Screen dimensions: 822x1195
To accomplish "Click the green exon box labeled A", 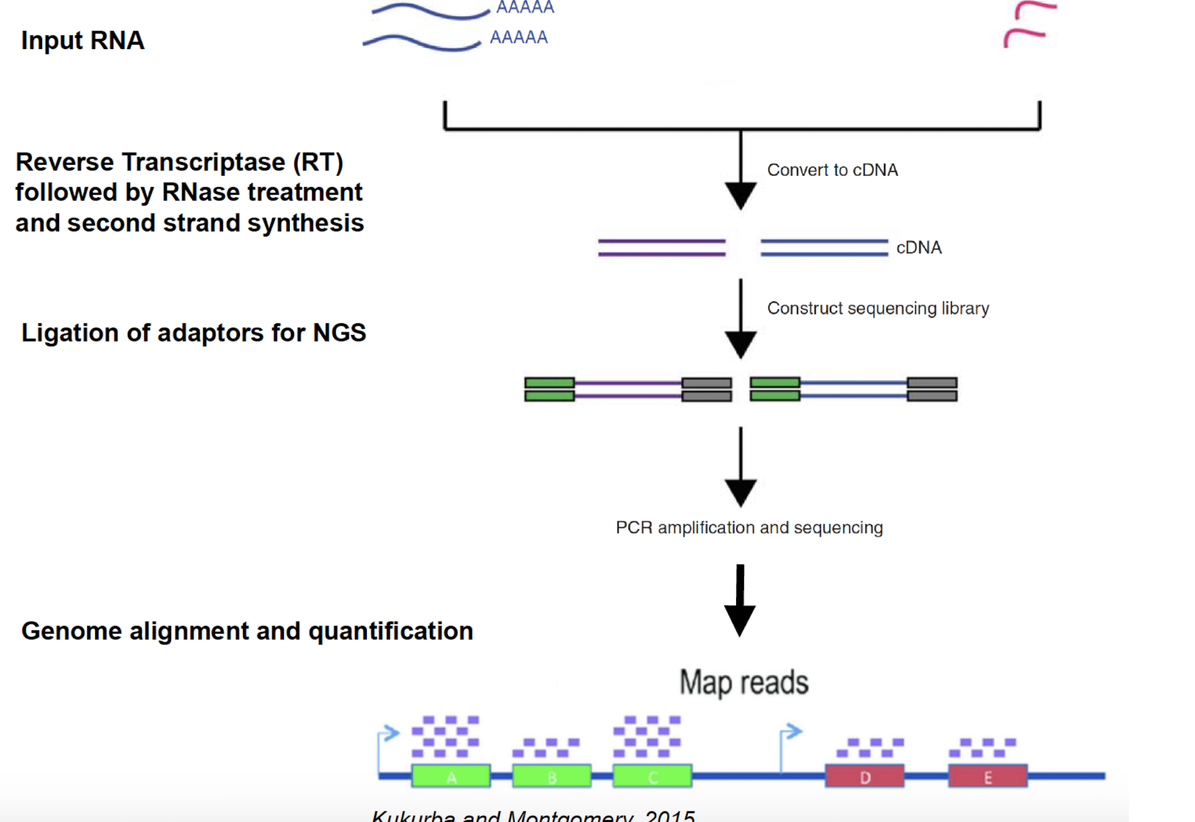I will (451, 776).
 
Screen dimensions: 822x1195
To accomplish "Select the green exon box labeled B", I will (551, 776).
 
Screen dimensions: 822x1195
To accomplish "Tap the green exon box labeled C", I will (652, 776).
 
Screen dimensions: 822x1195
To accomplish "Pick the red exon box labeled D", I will (864, 776).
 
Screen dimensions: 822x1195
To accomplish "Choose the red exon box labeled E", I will (987, 776).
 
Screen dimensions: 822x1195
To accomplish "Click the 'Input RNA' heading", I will (83, 40).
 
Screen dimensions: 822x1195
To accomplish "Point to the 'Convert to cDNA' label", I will (832, 170).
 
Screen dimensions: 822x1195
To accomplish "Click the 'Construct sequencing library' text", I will (877, 308).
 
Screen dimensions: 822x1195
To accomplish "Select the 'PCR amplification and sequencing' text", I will (749, 527).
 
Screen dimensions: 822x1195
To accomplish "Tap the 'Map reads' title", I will (744, 682).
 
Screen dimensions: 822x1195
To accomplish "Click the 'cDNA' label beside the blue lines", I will (918, 247).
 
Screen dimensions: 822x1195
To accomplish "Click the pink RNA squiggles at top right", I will (1029, 25).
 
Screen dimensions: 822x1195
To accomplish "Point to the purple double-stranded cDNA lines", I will (662, 247).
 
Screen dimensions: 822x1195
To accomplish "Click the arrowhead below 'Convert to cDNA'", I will (740, 195).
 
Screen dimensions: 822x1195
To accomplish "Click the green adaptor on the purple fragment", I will (549, 389).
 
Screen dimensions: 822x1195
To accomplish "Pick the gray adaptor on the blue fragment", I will (931, 389).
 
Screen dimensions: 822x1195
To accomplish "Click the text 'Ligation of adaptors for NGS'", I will (193, 333).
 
